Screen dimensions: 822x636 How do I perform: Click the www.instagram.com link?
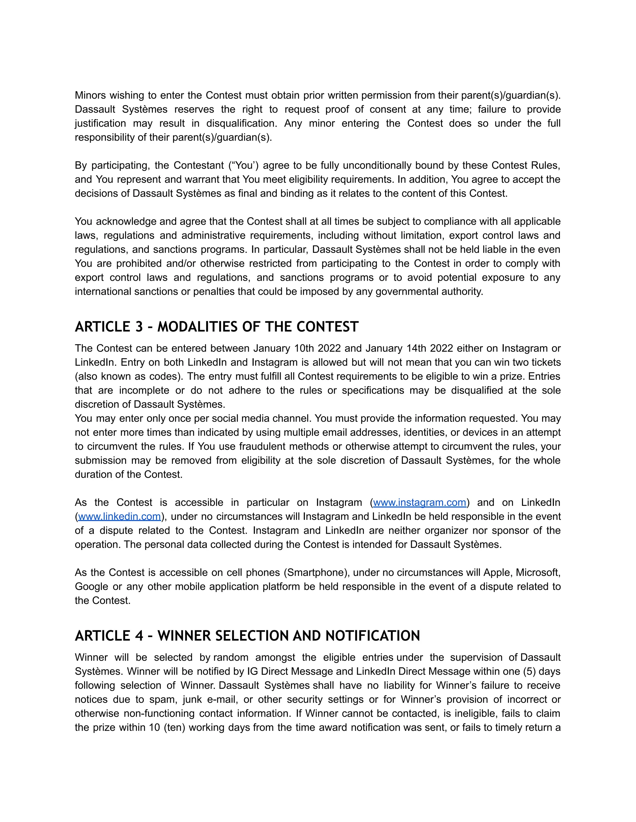(x=419, y=503)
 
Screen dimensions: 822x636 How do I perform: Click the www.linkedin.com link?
(x=120, y=517)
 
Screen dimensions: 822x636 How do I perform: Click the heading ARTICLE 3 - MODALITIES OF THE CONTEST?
(x=217, y=327)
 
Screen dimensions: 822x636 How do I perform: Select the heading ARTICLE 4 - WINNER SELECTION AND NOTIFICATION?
(x=247, y=636)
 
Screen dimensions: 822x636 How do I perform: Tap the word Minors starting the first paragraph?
(x=90, y=95)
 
